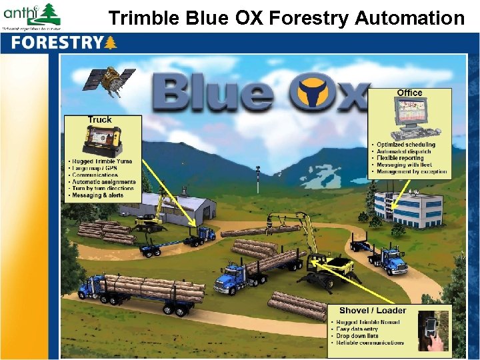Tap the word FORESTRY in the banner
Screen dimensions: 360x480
click(x=56, y=43)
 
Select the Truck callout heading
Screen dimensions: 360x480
click(x=100, y=120)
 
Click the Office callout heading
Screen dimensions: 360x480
click(x=409, y=93)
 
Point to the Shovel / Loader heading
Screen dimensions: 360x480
click(x=373, y=311)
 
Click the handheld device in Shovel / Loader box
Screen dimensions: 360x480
click(x=429, y=331)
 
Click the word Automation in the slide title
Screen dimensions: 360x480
click(x=409, y=18)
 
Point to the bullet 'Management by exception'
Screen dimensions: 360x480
click(x=411, y=172)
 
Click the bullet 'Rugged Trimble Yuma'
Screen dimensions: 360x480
click(x=102, y=161)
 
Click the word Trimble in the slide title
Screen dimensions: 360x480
click(x=141, y=18)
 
